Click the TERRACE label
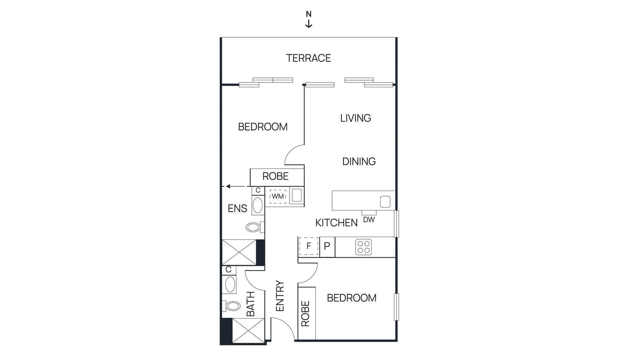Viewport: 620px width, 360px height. [x=308, y=58]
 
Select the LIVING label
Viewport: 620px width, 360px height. [x=355, y=118]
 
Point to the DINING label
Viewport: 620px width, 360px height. [x=359, y=162]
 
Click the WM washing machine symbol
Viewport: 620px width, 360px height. [x=277, y=196]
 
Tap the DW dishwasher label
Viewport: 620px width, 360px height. [x=369, y=220]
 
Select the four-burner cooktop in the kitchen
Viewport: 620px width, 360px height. [x=363, y=247]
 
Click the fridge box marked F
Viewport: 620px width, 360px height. [x=308, y=246]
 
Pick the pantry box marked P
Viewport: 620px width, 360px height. [x=327, y=246]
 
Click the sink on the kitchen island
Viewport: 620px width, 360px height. [x=385, y=202]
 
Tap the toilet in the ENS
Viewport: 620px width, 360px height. [x=254, y=227]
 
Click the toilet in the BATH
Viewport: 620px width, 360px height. [x=232, y=306]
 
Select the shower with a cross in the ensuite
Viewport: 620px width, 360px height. [x=239, y=252]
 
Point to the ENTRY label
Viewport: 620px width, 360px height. [x=280, y=296]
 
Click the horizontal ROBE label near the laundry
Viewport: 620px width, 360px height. [x=276, y=176]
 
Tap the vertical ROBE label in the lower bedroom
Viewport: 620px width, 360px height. [x=305, y=313]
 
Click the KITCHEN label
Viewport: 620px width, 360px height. [x=336, y=223]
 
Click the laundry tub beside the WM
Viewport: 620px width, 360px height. [x=297, y=195]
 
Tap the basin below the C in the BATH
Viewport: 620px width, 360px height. [x=230, y=285]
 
